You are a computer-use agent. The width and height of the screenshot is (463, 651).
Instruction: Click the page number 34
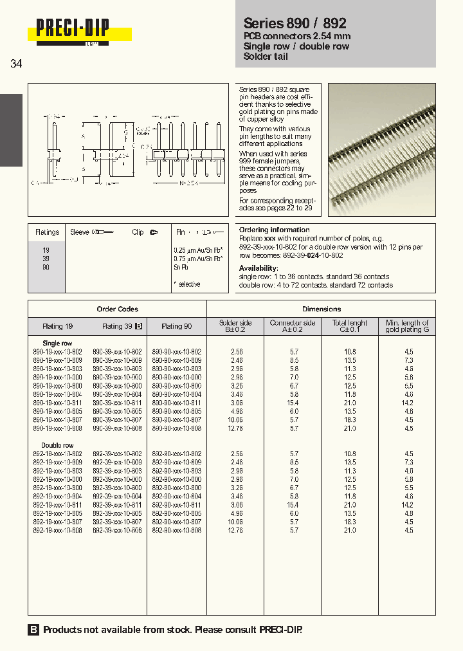point(17,64)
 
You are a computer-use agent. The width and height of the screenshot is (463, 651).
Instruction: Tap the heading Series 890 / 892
point(295,23)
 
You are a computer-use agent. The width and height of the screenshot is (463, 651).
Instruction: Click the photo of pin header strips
point(381,149)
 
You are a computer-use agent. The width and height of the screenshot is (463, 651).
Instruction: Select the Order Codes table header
point(117,309)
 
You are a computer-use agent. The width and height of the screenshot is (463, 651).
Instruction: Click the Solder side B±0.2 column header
point(235,326)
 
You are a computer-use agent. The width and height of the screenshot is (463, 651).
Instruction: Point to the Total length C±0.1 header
point(350,326)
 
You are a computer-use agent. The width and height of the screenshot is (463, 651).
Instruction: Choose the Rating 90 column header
point(176,326)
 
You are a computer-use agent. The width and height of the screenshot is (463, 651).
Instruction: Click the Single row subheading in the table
point(57,344)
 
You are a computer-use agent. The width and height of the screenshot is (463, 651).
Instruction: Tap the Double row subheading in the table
point(58,445)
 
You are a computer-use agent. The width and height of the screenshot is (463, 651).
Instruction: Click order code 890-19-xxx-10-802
point(57,352)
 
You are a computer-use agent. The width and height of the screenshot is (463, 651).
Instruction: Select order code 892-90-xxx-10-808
point(176,530)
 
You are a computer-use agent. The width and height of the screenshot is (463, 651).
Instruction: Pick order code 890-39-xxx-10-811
point(117,403)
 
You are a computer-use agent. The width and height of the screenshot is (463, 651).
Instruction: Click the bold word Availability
point(259,268)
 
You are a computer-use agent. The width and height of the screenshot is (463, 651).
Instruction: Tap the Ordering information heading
point(274,230)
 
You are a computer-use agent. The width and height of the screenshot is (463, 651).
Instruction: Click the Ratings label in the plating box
point(47,232)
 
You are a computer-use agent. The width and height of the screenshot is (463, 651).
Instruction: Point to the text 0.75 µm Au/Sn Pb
point(198,258)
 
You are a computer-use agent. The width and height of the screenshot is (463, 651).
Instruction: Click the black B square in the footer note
point(33,630)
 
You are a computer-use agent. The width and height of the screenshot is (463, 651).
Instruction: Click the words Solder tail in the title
point(266,57)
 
